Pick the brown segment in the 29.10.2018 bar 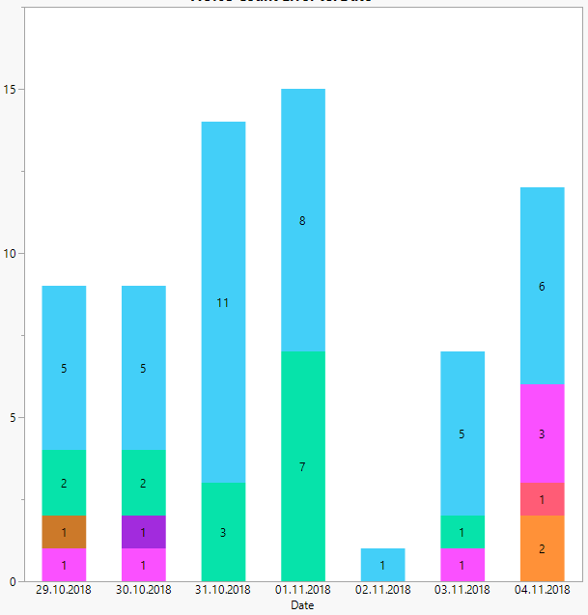[x=64, y=532]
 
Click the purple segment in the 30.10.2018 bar [x=143, y=532]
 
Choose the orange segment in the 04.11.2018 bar [x=542, y=548]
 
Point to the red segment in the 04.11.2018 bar [x=542, y=499]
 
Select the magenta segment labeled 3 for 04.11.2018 [x=542, y=433]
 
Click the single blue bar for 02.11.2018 [x=382, y=565]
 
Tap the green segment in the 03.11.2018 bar [x=462, y=532]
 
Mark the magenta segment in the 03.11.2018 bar [x=462, y=565]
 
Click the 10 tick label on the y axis [x=11, y=254]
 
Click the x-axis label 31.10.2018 [x=223, y=590]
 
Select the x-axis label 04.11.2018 [x=542, y=590]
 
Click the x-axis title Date [x=302, y=605]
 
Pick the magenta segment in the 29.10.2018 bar [x=64, y=565]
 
